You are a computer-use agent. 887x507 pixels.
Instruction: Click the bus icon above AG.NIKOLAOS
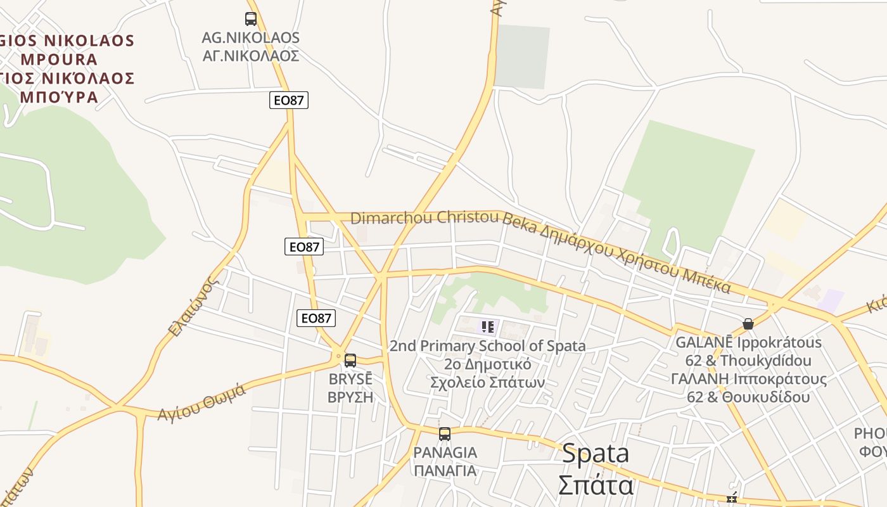251,19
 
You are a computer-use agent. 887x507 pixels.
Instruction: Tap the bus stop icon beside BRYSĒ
350,361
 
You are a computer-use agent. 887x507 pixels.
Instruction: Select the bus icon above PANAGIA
445,434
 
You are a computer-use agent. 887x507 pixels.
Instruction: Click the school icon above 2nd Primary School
487,327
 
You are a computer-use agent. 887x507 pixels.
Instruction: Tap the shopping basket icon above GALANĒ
748,324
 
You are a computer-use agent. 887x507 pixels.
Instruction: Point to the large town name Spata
596,454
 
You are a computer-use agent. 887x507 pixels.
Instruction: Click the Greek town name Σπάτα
596,485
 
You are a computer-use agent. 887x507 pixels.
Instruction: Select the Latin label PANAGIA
445,452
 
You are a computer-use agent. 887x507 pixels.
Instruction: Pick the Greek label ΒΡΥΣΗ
350,397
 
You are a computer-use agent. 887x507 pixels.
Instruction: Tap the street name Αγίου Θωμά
201,402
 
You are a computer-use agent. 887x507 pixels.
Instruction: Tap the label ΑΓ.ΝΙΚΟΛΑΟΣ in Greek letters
250,56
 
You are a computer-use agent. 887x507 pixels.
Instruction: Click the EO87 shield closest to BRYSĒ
316,318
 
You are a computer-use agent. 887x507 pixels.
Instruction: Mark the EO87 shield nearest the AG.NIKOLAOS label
289,100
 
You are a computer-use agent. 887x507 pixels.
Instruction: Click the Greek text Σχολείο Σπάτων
487,383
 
